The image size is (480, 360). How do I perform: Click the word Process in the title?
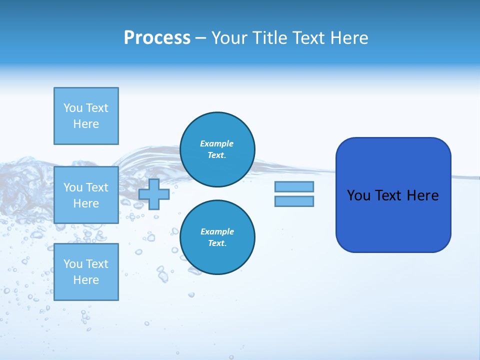pyautogui.click(x=157, y=38)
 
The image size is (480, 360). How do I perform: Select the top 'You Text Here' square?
pyautogui.click(x=86, y=116)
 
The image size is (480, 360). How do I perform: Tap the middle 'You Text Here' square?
pyautogui.click(x=86, y=195)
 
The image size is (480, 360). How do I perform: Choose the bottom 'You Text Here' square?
pyautogui.click(x=86, y=271)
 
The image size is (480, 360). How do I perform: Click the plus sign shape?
pyautogui.click(x=154, y=194)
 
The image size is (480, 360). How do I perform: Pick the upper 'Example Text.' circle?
pyautogui.click(x=217, y=149)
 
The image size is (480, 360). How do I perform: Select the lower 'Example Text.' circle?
pyautogui.click(x=217, y=237)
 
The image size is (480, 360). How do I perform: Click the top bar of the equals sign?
pyautogui.click(x=294, y=186)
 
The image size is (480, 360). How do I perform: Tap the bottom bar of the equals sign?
pyautogui.click(x=294, y=201)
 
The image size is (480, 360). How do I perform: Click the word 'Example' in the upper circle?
pyautogui.click(x=217, y=143)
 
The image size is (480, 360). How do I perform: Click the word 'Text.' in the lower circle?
pyautogui.click(x=217, y=243)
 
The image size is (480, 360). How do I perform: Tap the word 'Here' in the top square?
pyautogui.click(x=86, y=124)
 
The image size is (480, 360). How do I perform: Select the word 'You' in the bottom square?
pyautogui.click(x=73, y=263)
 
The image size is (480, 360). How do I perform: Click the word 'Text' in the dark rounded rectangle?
pyautogui.click(x=388, y=195)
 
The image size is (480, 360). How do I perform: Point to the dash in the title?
pyautogui.click(x=201, y=38)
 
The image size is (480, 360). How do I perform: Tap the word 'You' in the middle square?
pyautogui.click(x=73, y=187)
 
